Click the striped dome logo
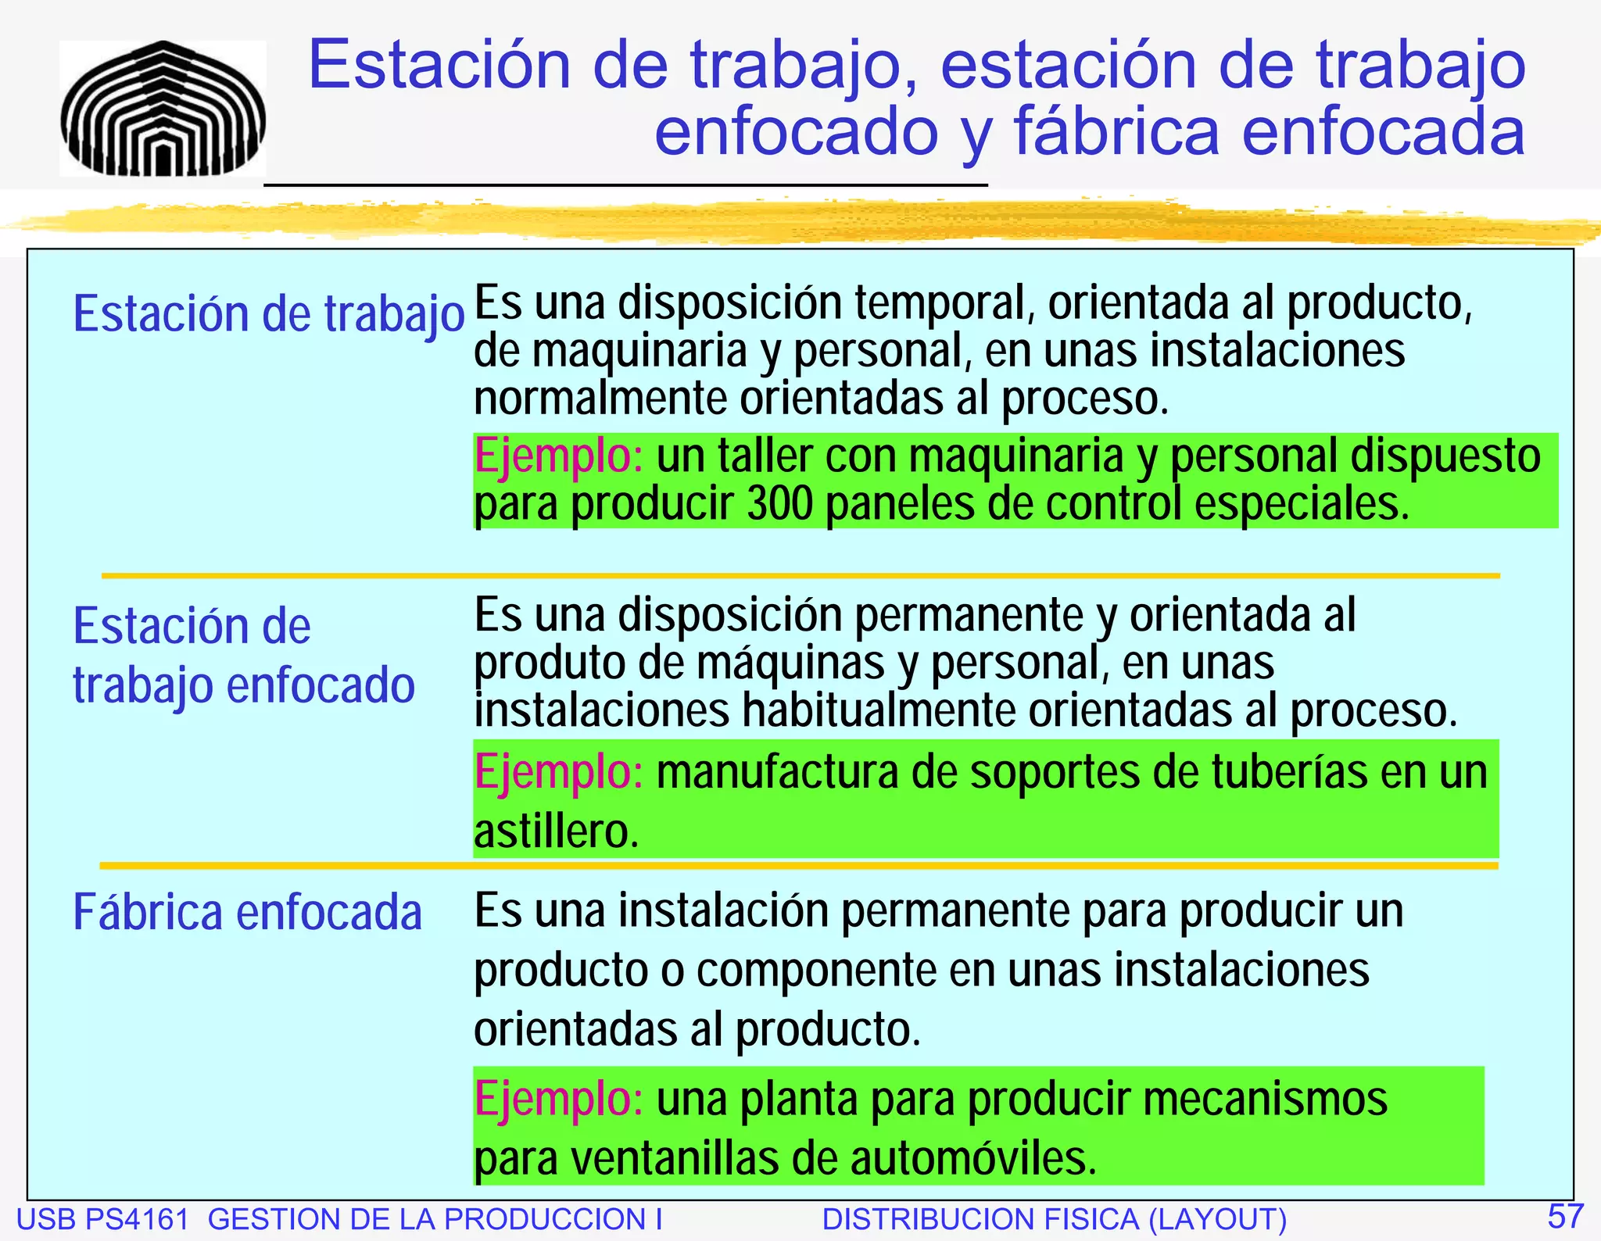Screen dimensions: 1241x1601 (163, 109)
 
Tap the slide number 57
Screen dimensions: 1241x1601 (1565, 1216)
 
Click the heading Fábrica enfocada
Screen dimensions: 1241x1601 (247, 912)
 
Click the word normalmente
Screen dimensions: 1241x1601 (600, 399)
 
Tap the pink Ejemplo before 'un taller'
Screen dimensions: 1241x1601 (558, 456)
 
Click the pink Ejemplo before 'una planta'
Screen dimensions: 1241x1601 (558, 1099)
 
